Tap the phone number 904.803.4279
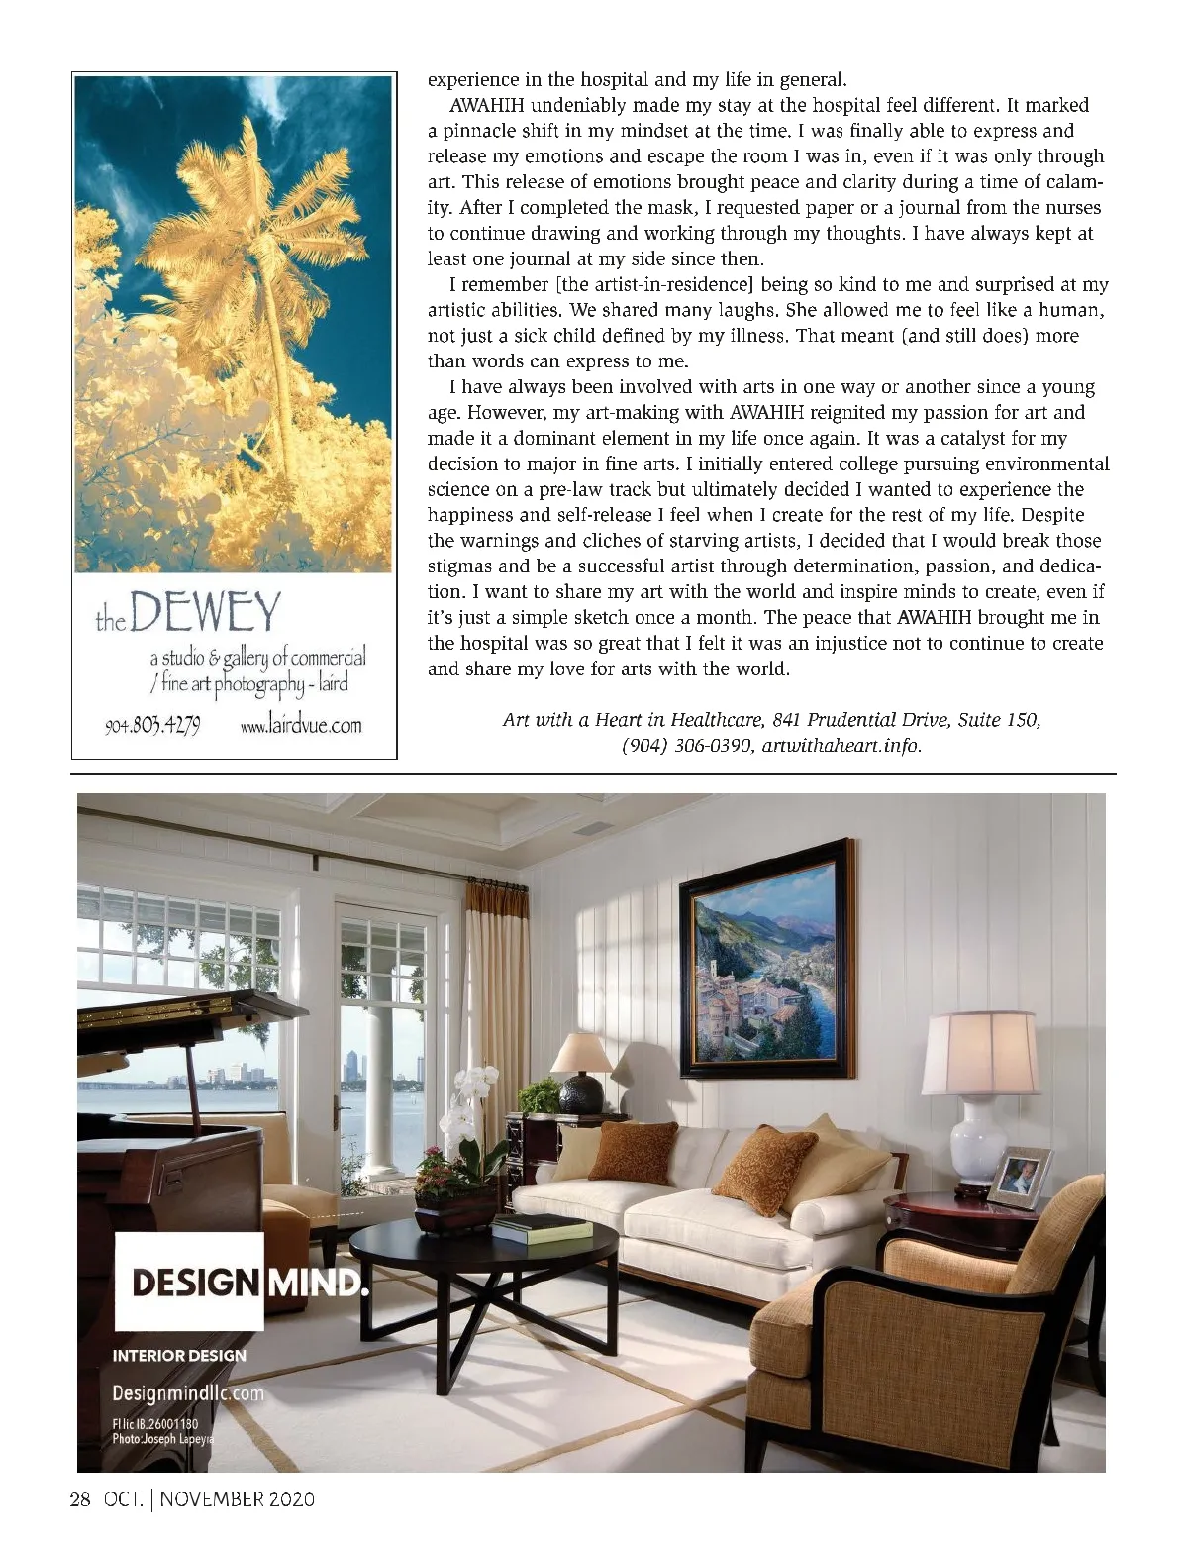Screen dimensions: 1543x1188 (x=153, y=726)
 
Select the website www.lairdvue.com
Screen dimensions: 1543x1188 (x=301, y=726)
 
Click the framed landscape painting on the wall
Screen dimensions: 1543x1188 (x=767, y=958)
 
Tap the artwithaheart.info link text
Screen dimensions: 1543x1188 (x=842, y=746)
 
